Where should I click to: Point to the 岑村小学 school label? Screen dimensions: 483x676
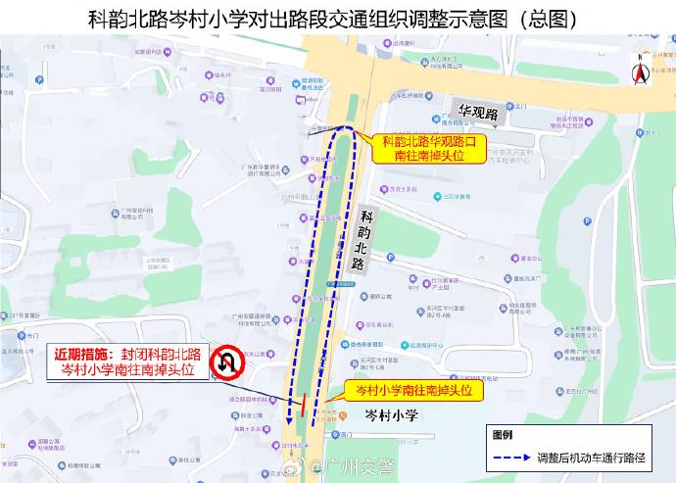coord(391,415)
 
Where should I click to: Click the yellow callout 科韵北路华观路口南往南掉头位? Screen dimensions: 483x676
coord(433,148)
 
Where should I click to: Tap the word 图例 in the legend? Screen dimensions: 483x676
coord(503,434)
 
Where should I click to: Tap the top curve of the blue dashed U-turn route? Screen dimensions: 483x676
coord(342,130)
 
